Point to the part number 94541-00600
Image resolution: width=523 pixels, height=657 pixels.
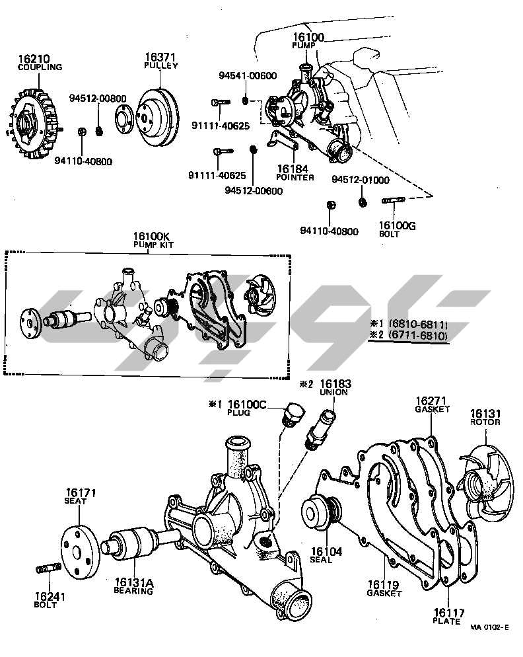[x=247, y=76]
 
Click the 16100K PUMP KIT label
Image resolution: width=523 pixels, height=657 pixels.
[x=151, y=239]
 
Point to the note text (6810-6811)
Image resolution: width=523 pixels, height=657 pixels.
[x=418, y=325]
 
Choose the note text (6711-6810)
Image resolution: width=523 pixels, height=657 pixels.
[x=418, y=336]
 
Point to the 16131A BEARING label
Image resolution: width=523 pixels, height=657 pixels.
[x=133, y=586]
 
